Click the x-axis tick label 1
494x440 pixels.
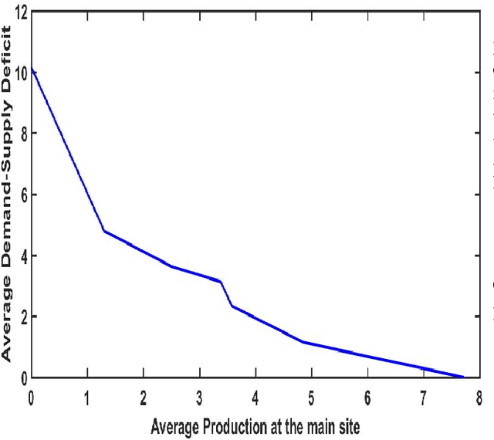click(x=87, y=398)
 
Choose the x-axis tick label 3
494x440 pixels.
click(x=199, y=398)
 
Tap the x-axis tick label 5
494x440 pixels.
click(x=311, y=398)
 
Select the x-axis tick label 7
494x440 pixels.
click(x=423, y=398)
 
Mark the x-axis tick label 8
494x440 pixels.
click(x=479, y=398)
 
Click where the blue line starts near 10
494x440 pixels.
click(x=32, y=69)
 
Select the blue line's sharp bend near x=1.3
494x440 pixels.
click(x=104, y=231)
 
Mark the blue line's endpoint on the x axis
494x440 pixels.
click(x=463, y=377)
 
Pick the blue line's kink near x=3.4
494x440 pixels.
click(x=222, y=281)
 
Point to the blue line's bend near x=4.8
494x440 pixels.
click(x=302, y=341)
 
